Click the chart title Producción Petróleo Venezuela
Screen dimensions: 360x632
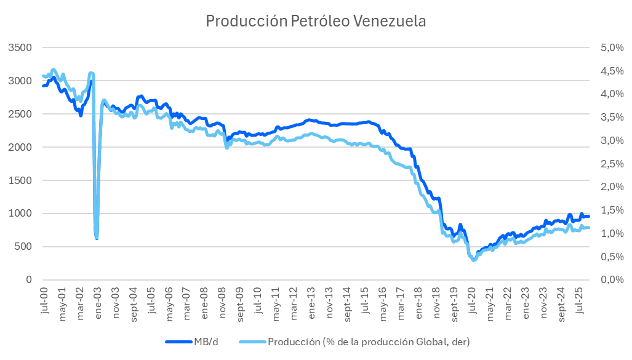pyautogui.click(x=316, y=21)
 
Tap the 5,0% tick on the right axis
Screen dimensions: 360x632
pyautogui.click(x=604, y=47)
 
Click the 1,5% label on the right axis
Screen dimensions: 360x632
pyautogui.click(x=604, y=210)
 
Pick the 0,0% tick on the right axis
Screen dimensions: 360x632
pyautogui.click(x=604, y=280)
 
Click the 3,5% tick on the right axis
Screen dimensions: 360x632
pyautogui.click(x=604, y=117)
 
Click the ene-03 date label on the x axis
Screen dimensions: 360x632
pyautogui.click(x=97, y=300)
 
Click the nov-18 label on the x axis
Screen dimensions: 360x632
pyautogui.click(x=436, y=300)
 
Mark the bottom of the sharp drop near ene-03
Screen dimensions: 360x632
pyautogui.click(x=97, y=238)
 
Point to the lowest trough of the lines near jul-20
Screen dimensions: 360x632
pyautogui.click(x=473, y=260)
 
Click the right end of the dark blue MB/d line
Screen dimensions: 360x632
pyautogui.click(x=589, y=216)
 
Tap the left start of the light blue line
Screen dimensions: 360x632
pyautogui.click(x=42, y=76)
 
